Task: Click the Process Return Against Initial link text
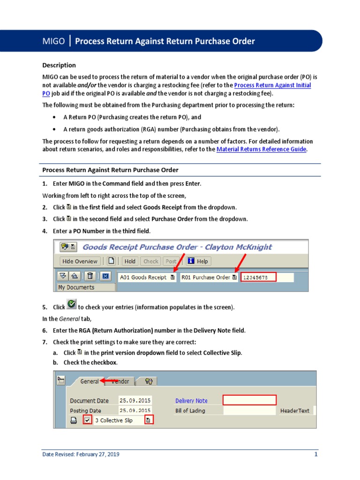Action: (x=272, y=85)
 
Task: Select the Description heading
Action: (x=59, y=65)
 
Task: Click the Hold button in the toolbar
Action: (x=130, y=261)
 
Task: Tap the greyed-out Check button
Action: (x=150, y=261)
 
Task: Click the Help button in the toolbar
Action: (x=198, y=261)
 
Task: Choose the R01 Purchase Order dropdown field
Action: (x=209, y=277)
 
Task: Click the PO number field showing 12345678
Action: (x=259, y=277)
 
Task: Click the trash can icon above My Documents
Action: (x=90, y=276)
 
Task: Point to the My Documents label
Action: (x=76, y=287)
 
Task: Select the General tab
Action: (x=90, y=381)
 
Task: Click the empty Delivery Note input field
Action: (x=249, y=400)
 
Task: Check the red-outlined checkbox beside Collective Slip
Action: (x=88, y=420)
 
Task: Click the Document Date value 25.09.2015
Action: (x=133, y=401)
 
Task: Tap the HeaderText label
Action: (x=295, y=411)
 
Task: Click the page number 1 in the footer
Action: (x=316, y=454)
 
